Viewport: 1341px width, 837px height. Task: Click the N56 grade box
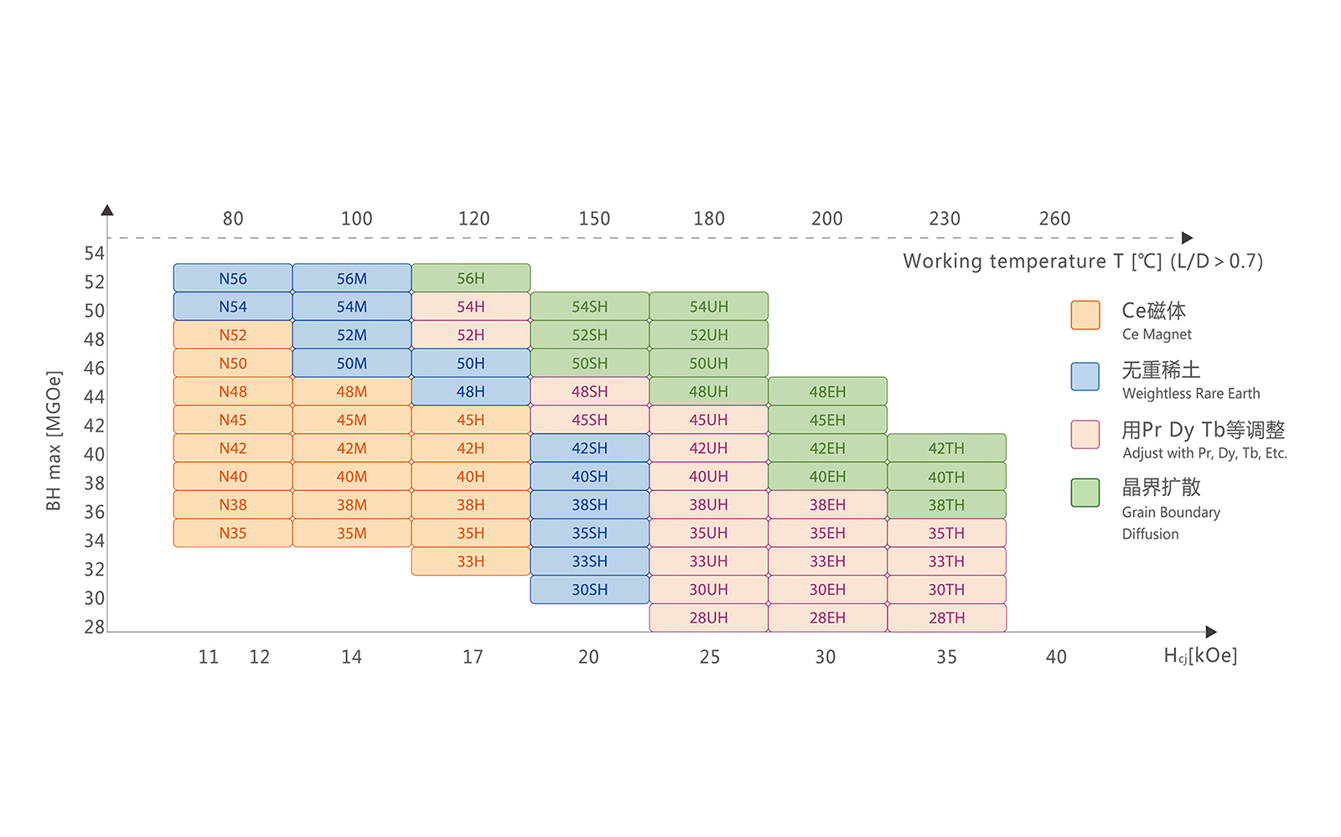tap(233, 278)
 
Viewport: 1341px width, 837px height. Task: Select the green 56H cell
tap(470, 278)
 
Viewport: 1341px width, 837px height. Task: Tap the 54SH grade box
tap(589, 307)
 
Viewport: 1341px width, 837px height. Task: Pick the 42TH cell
tap(946, 448)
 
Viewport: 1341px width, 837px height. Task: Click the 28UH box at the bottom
tap(708, 617)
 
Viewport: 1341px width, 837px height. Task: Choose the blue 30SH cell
tap(589, 589)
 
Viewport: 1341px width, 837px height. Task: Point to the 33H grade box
tap(470, 561)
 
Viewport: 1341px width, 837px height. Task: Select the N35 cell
tap(233, 533)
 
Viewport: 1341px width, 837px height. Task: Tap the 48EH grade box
tap(827, 391)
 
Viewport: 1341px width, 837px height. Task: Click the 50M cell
tap(352, 363)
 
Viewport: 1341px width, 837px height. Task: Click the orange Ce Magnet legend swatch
tap(1085, 315)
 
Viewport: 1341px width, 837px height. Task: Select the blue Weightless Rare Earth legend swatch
tap(1085, 376)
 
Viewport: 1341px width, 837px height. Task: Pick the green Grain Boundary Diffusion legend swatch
tap(1085, 493)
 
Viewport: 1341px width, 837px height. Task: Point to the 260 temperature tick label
tap(1054, 219)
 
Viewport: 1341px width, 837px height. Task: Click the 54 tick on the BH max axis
tap(95, 253)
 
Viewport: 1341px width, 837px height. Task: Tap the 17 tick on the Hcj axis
tap(473, 657)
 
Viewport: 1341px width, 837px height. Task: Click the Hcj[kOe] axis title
tap(1200, 655)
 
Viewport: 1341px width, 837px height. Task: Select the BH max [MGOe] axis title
tap(54, 440)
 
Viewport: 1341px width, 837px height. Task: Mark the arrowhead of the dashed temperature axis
tap(1187, 238)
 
